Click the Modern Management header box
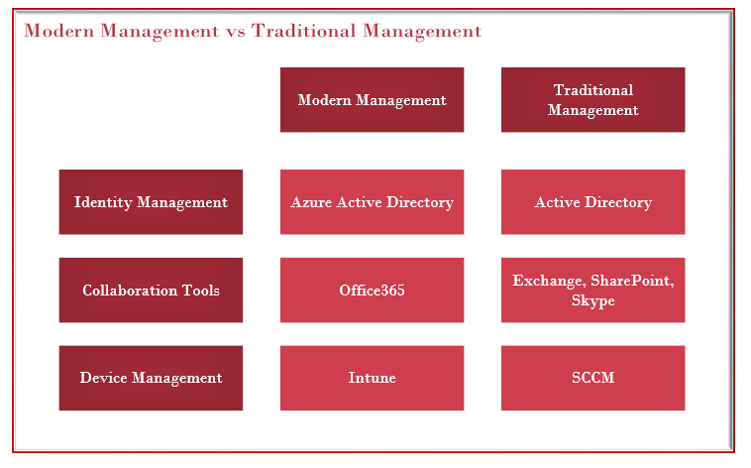[372, 100]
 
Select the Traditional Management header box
[592, 100]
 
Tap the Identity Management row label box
[151, 202]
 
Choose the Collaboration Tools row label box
[151, 291]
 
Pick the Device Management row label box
[151, 378]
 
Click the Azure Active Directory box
[372, 202]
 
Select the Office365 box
[372, 291]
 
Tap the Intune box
[372, 378]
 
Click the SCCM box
[592, 378]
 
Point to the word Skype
[592, 301]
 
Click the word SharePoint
[632, 281]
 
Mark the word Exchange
[549, 281]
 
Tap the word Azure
[311, 202]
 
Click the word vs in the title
[236, 32]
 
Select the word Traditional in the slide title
[303, 31]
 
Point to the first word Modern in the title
[58, 31]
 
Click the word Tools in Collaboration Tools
[201, 291]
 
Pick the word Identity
[103, 202]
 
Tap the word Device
[103, 378]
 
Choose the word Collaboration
[130, 291]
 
